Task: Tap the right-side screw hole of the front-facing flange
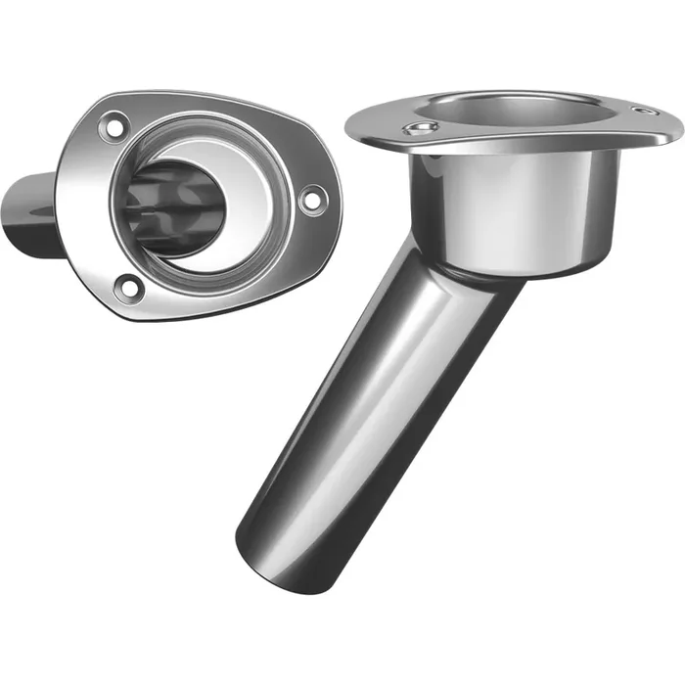click(311, 199)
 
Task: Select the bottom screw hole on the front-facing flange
click(126, 286)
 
